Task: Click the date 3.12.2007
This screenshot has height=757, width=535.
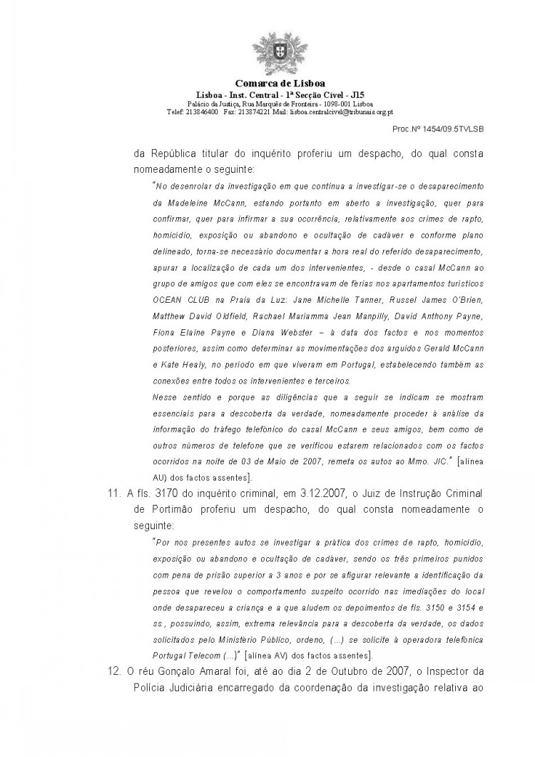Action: point(332,495)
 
